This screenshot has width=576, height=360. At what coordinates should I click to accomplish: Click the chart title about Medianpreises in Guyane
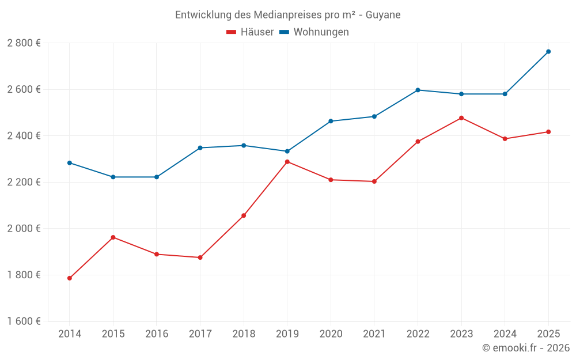click(x=288, y=14)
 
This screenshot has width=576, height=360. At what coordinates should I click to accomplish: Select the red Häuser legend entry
click(x=250, y=32)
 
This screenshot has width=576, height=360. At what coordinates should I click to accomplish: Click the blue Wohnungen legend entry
click(x=314, y=32)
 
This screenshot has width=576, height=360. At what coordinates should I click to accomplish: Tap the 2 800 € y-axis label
click(x=24, y=43)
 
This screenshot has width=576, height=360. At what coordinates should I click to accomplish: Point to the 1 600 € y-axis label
click(x=24, y=321)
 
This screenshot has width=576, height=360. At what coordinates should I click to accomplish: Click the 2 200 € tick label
click(x=24, y=182)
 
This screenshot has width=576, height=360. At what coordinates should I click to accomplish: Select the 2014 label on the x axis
click(x=70, y=334)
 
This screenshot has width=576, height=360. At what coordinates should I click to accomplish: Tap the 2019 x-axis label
click(x=287, y=334)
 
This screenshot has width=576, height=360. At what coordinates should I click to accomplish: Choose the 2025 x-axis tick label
click(x=548, y=334)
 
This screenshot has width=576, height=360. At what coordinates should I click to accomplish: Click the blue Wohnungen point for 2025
click(x=548, y=52)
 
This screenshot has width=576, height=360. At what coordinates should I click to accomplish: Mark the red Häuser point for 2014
click(x=70, y=278)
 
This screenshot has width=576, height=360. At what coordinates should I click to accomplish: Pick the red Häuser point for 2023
click(x=461, y=118)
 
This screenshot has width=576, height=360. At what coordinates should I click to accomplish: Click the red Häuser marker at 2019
click(x=287, y=162)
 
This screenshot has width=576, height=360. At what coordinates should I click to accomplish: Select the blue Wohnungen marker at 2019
click(x=287, y=151)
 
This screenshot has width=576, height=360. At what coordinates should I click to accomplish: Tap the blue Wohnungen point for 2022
click(x=418, y=90)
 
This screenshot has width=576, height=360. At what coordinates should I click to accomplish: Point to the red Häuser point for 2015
click(x=113, y=237)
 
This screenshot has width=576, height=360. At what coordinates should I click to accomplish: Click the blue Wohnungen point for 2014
click(x=70, y=163)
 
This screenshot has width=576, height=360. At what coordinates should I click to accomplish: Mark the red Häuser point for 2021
click(x=374, y=181)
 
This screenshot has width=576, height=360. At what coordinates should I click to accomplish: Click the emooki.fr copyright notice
click(x=525, y=348)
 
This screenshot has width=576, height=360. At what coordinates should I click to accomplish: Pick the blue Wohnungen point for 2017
click(x=200, y=148)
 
